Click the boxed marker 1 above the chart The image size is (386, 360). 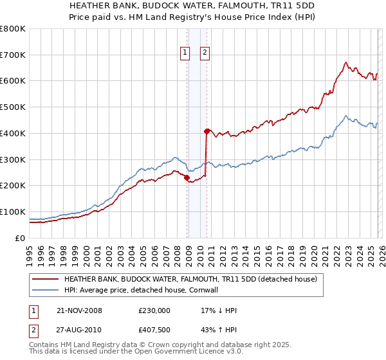(x=185, y=53)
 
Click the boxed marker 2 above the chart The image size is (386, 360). (x=205, y=53)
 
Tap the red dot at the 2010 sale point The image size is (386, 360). (x=207, y=130)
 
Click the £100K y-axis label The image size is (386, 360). (x=13, y=212)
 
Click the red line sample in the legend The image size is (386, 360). (x=46, y=280)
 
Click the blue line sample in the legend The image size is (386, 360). (x=46, y=290)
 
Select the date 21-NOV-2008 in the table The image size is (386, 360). (x=79, y=310)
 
